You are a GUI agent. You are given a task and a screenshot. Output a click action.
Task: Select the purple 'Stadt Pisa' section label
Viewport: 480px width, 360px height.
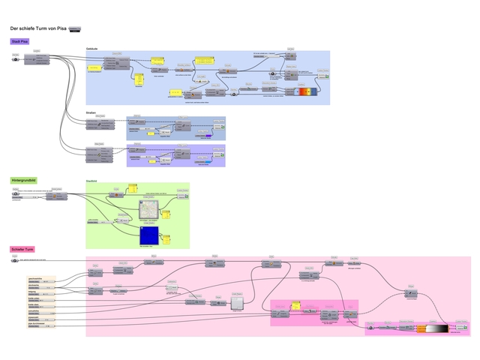[19, 40]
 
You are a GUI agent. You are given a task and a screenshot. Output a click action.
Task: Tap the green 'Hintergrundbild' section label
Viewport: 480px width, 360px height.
[23, 181]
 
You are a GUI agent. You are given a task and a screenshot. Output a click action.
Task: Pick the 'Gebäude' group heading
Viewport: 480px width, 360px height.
[93, 48]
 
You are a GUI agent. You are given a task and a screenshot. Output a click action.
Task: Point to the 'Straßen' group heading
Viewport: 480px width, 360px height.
[91, 113]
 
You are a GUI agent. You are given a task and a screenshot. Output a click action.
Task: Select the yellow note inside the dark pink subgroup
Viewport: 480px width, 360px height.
[295, 306]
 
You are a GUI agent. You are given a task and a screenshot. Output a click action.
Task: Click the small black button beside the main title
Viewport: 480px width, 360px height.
[74, 28]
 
